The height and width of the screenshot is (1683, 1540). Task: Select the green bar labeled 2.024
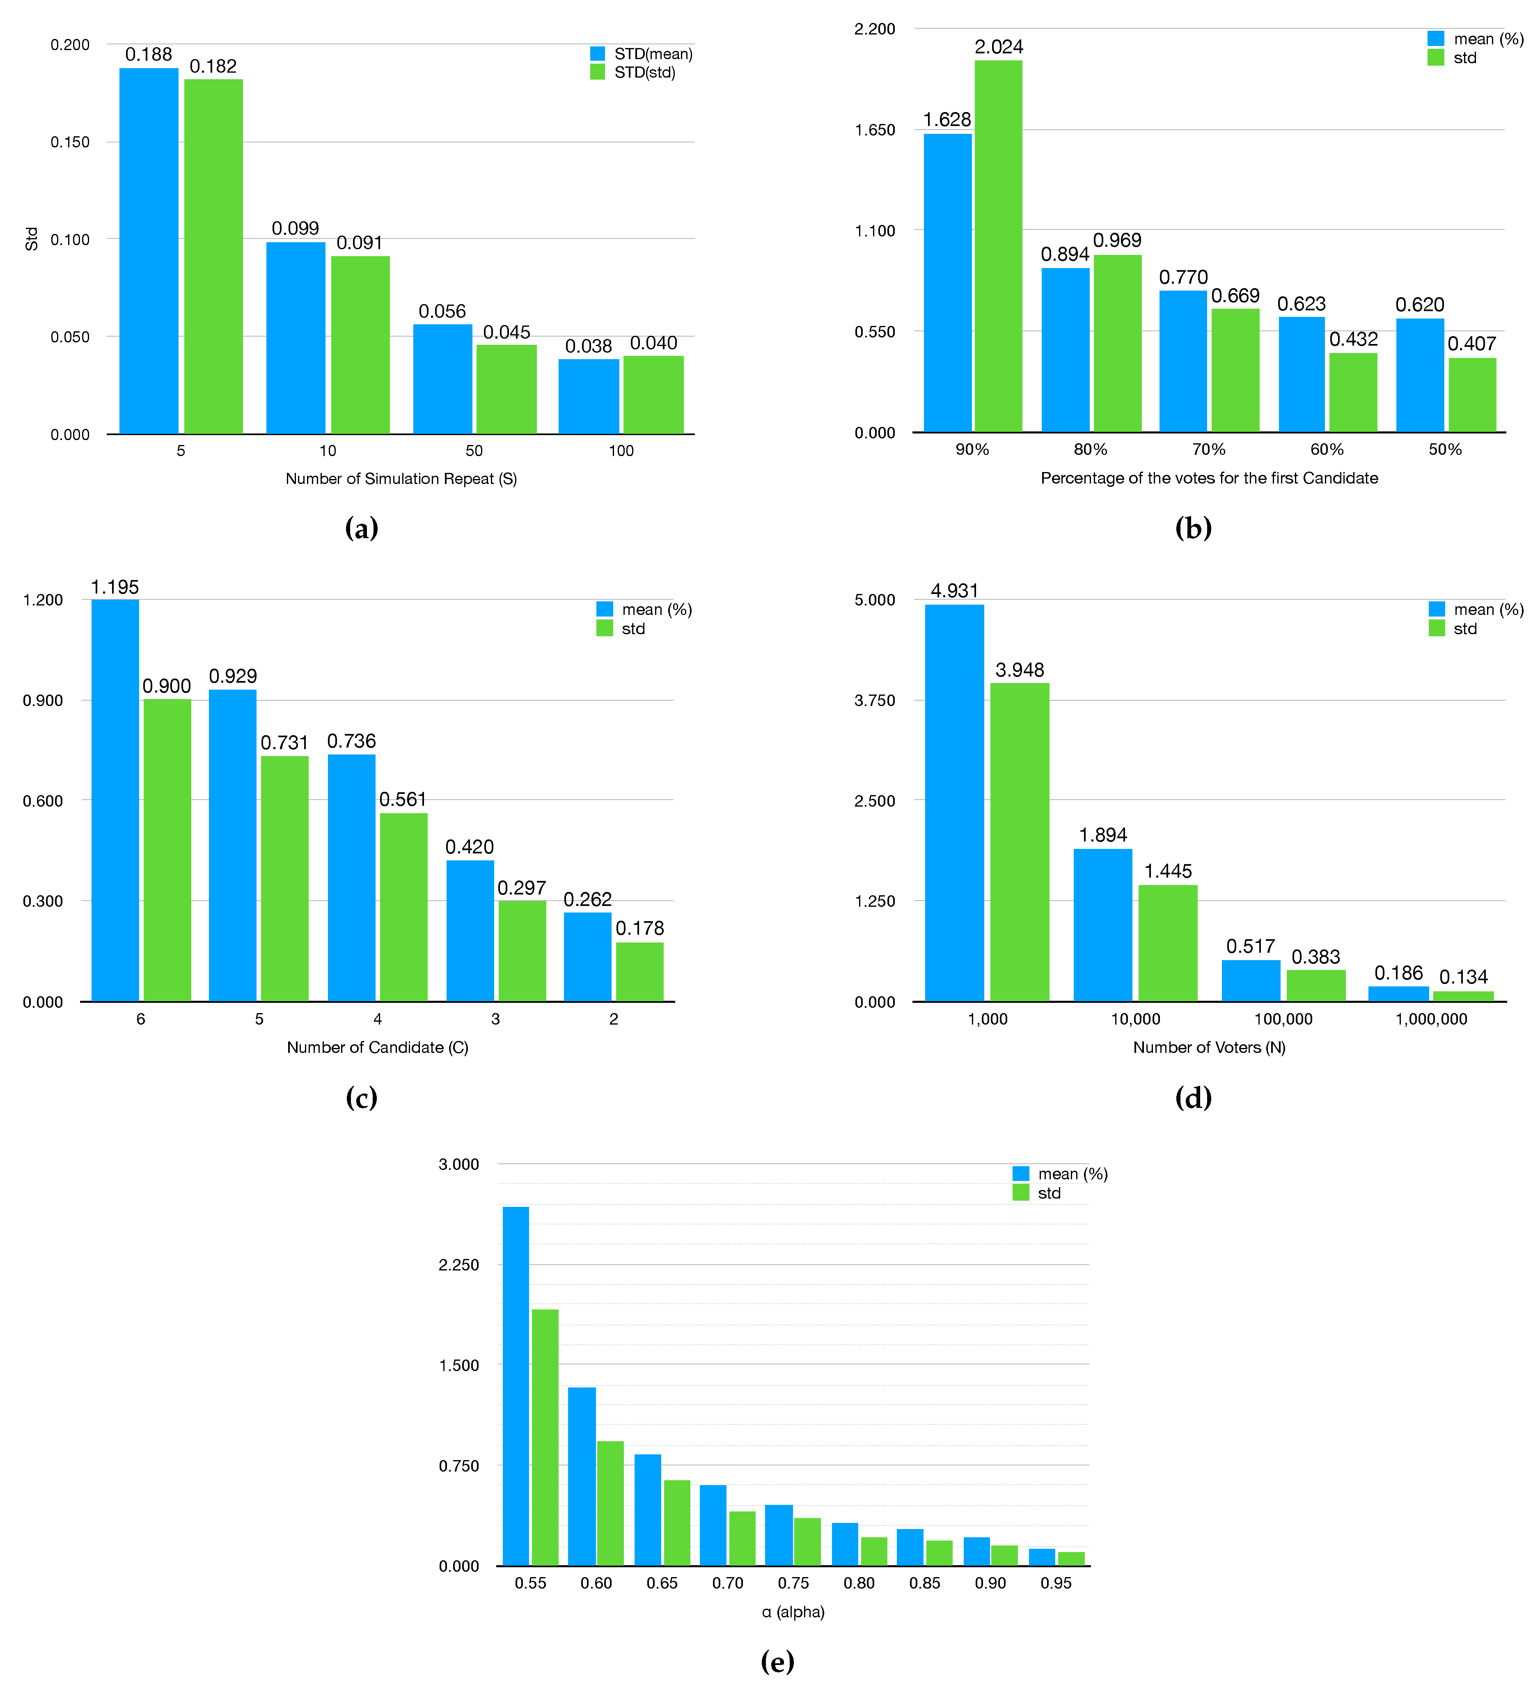coord(998,246)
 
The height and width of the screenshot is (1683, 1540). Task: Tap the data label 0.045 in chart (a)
coord(506,332)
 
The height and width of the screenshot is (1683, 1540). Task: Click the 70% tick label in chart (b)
coord(1209,449)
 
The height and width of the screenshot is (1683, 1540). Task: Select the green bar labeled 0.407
coord(1472,395)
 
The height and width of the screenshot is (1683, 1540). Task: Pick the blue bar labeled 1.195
coord(115,800)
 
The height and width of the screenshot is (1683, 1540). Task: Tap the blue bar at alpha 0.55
coord(516,1386)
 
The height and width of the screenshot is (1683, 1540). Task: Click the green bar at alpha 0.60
coord(610,1503)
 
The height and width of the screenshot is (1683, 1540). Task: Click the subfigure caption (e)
coord(777,1661)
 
